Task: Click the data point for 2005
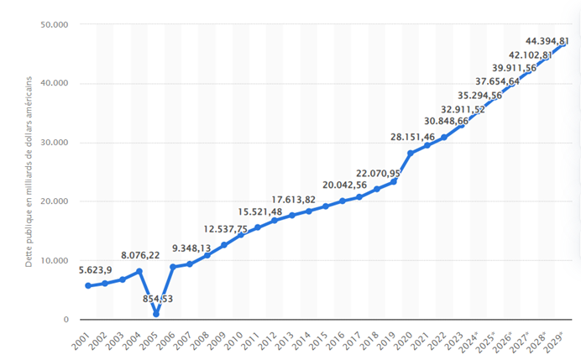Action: [156, 314]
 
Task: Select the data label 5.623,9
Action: [96, 270]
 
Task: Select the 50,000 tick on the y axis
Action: [55, 24]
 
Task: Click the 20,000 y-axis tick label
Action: [55, 201]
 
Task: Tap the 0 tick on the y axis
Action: [65, 320]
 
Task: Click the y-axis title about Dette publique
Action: [29, 172]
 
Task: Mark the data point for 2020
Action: [411, 153]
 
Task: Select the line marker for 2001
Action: [88, 286]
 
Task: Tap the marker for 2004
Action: [139, 272]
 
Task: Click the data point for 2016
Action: [343, 201]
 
